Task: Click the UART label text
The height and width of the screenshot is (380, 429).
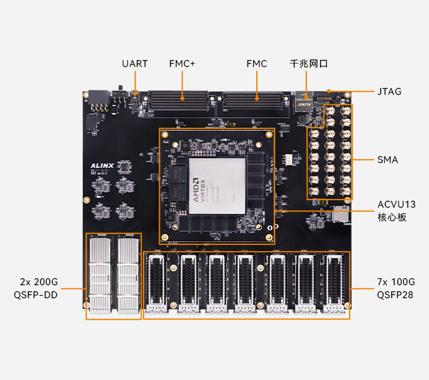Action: coord(134,64)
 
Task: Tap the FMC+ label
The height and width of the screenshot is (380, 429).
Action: coord(182,64)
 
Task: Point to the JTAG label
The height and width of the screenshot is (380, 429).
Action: coord(389,92)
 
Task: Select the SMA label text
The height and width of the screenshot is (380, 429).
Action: coord(388,160)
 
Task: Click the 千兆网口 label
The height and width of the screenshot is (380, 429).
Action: coord(308,64)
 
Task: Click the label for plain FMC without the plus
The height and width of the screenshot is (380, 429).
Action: coord(256,64)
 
